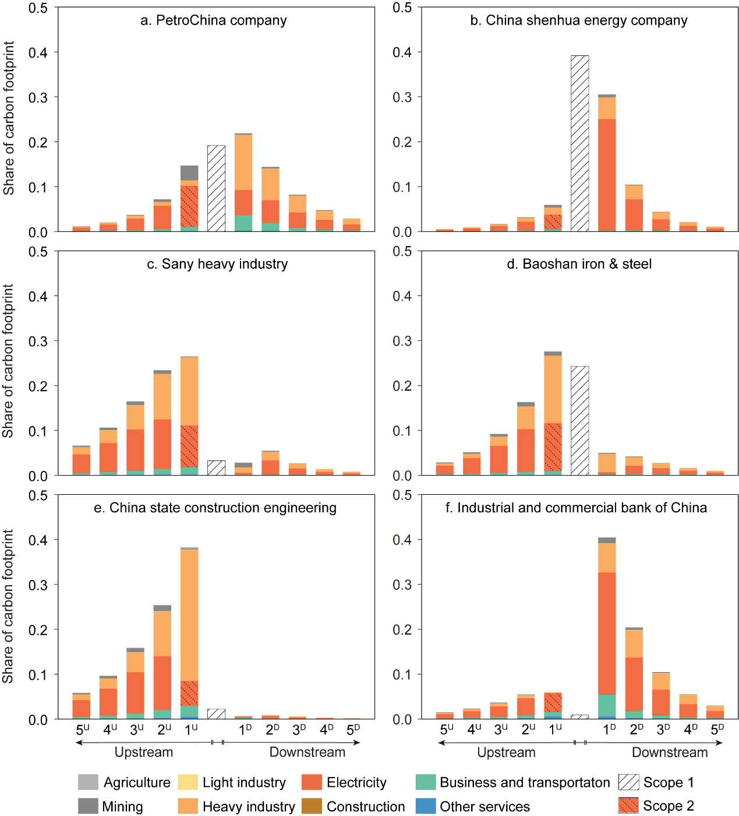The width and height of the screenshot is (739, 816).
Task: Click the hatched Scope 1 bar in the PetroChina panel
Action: click(x=216, y=188)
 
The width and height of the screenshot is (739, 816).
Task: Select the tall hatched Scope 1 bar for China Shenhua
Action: click(x=579, y=143)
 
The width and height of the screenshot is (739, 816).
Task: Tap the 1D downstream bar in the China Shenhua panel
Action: click(x=607, y=163)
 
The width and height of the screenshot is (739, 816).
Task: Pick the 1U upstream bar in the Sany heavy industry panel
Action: click(x=189, y=416)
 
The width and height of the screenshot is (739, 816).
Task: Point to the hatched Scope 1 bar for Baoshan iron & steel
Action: click(x=579, y=421)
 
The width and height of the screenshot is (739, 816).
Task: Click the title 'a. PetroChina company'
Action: click(x=214, y=20)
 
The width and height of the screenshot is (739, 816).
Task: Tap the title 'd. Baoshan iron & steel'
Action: click(x=579, y=264)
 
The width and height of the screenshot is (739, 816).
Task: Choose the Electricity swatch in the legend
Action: click(x=312, y=782)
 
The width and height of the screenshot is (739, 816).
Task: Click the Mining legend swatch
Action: click(x=88, y=806)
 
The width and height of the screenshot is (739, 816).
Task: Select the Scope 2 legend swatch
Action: click(x=628, y=806)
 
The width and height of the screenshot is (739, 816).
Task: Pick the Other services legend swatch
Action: click(x=426, y=806)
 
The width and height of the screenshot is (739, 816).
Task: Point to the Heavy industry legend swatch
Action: click(x=188, y=806)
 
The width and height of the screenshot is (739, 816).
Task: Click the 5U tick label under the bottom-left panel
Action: click(x=83, y=730)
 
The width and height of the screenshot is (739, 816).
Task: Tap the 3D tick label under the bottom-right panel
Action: click(x=664, y=730)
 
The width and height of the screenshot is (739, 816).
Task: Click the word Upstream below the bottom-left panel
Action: click(x=144, y=752)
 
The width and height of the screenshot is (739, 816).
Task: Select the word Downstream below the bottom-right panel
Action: click(x=670, y=752)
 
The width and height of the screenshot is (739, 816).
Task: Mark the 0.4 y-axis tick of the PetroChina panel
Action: click(x=38, y=52)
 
